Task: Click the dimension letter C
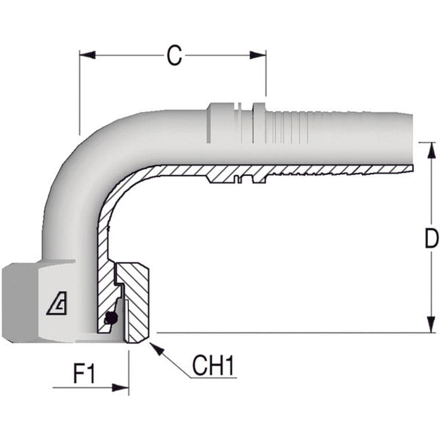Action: coord(174,56)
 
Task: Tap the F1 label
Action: coord(84,374)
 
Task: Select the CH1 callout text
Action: coord(213,366)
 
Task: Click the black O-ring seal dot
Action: coord(110,319)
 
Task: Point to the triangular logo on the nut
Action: coord(56,304)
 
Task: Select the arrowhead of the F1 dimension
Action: coord(121,387)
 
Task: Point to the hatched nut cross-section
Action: coord(137,304)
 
